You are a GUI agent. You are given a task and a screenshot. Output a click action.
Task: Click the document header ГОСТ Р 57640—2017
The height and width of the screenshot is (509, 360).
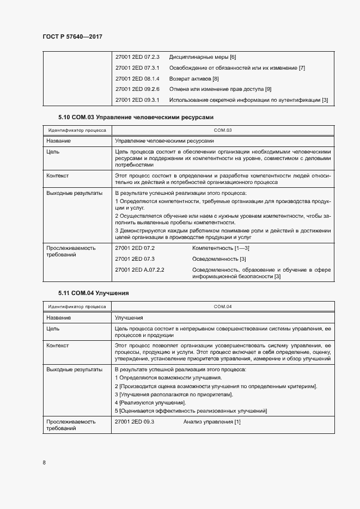tap(72, 36)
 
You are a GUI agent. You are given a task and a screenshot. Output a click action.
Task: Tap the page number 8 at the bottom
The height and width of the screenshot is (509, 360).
tap(44, 462)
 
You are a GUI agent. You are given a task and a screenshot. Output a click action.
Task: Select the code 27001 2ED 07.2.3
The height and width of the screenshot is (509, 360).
tap(137, 57)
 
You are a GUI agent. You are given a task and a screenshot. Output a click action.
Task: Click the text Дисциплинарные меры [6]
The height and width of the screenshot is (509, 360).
tap(202, 57)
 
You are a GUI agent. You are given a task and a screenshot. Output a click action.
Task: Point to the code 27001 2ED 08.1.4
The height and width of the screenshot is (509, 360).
tap(137, 78)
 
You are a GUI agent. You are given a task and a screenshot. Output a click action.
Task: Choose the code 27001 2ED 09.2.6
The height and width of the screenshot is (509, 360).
tap(137, 89)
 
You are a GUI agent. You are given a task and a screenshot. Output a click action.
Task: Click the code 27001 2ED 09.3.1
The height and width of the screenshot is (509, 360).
tap(137, 100)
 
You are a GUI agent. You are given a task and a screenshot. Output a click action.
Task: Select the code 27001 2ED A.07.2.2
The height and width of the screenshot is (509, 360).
tap(140, 269)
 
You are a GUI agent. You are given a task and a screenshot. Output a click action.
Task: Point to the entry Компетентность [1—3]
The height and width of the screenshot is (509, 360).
tap(221, 248)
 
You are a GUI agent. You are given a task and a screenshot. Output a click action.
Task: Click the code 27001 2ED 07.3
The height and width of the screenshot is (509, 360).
tap(135, 259)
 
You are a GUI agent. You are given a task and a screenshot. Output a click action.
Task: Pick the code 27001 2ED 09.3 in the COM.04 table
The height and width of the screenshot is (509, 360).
tap(135, 422)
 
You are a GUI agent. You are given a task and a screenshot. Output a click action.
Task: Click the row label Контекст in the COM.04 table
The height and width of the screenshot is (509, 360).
tap(58, 346)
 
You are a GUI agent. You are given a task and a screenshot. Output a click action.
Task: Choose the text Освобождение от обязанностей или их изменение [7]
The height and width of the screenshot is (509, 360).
tap(237, 68)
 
